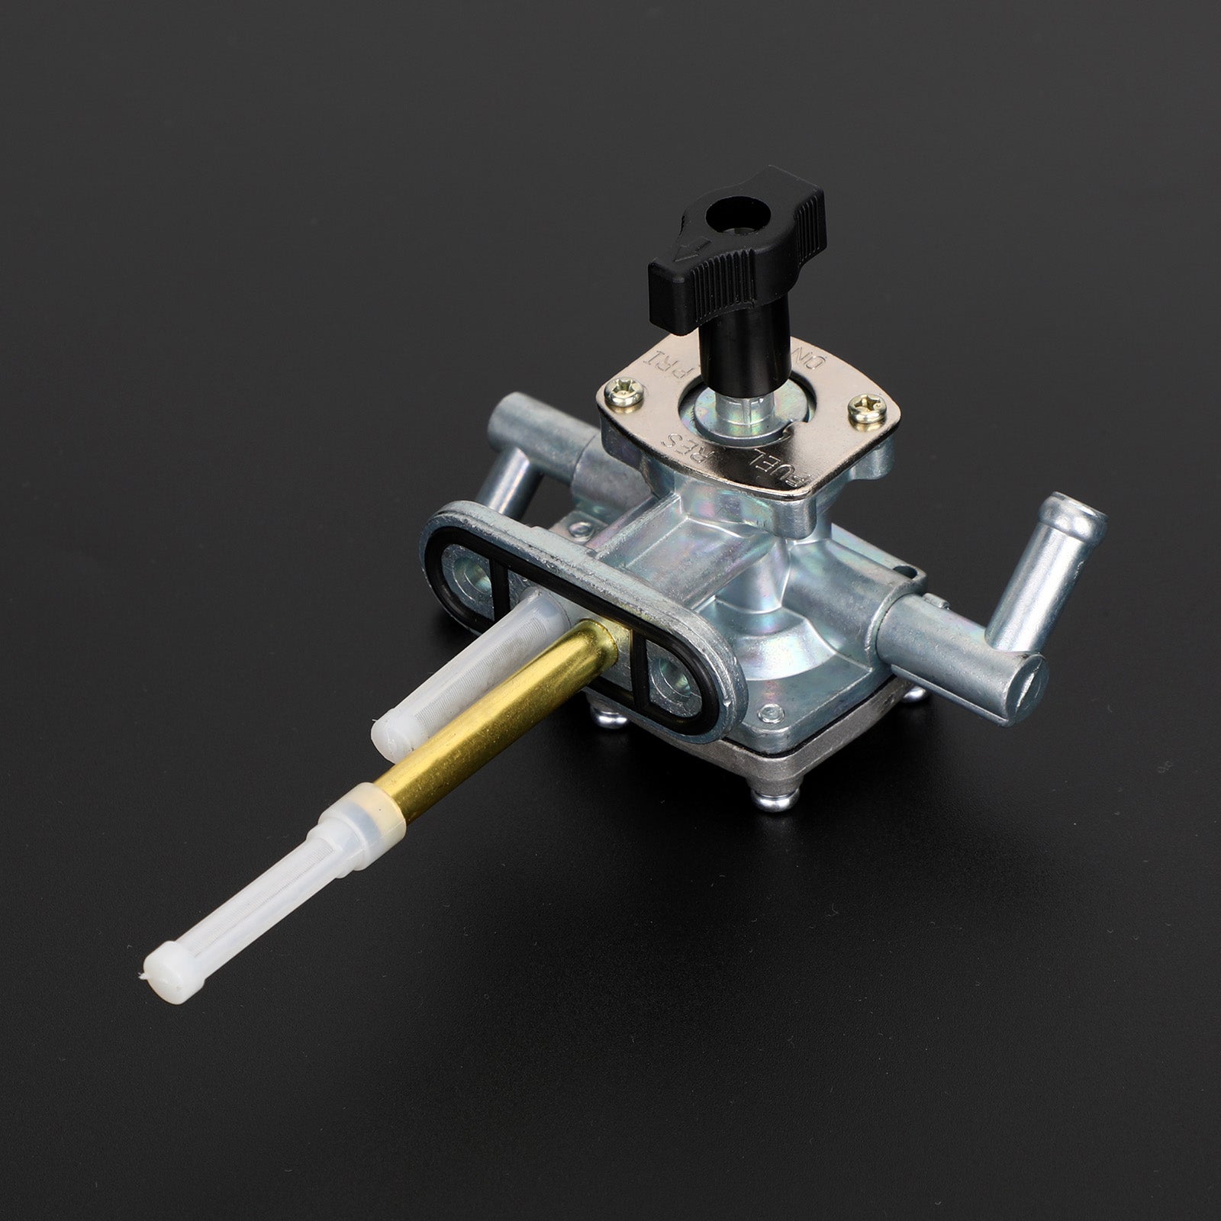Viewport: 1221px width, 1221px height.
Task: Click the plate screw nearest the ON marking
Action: click(x=858, y=410)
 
